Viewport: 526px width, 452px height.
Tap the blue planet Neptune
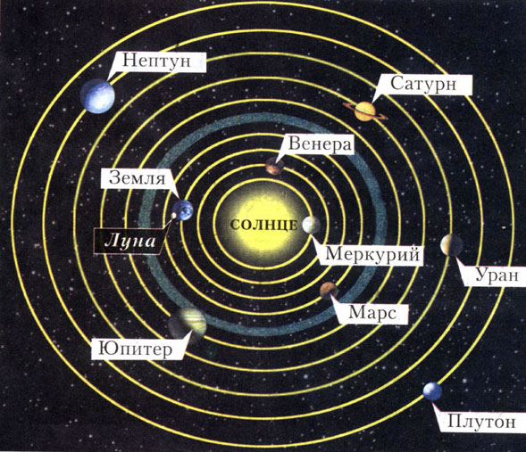[x=97, y=96]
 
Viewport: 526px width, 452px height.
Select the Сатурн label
[x=424, y=85]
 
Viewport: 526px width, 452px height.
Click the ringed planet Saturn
[x=365, y=111]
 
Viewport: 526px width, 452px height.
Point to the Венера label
[x=320, y=144]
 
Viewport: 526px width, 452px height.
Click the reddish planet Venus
[x=275, y=166]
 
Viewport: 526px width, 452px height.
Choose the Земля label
[x=138, y=178]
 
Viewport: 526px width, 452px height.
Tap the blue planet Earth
[x=183, y=210]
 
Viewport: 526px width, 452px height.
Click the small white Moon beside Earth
[x=174, y=215]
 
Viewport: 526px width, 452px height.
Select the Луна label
[x=129, y=241]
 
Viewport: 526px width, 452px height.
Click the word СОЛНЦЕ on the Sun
[x=264, y=225]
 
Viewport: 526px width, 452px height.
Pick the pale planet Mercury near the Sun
[x=311, y=225]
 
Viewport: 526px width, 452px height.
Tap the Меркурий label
[x=372, y=255]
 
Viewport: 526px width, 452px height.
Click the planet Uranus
[x=452, y=245]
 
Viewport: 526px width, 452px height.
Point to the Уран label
[x=497, y=276]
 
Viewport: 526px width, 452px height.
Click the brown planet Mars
[x=329, y=291]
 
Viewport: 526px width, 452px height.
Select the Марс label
[x=373, y=314]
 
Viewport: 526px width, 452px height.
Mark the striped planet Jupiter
[x=188, y=324]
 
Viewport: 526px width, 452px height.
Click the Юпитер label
[x=137, y=349]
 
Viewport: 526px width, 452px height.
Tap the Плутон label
[x=481, y=422]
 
